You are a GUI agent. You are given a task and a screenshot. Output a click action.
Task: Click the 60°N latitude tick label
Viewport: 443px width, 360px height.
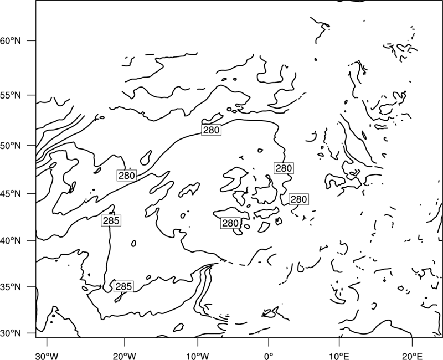coord(10,40)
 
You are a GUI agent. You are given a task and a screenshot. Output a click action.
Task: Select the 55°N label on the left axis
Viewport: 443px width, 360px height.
coord(10,95)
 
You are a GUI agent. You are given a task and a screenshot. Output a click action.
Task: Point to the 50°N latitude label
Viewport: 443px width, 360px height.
coord(10,146)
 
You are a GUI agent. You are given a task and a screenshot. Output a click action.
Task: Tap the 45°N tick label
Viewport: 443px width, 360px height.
coord(10,193)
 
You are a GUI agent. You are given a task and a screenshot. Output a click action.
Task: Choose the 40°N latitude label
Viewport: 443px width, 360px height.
coord(10,241)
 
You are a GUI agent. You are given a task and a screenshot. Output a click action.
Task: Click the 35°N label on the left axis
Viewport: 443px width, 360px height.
coord(10,287)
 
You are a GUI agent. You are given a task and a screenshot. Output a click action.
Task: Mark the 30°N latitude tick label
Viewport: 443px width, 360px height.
coord(10,333)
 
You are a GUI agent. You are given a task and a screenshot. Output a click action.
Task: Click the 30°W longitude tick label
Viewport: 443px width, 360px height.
coord(47,356)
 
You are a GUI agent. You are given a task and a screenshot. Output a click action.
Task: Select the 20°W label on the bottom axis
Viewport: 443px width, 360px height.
coord(125,356)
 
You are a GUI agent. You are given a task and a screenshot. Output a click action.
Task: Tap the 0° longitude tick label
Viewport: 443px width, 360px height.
coord(269,356)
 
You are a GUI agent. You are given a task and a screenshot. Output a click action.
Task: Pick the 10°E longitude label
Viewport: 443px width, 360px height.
coord(339,356)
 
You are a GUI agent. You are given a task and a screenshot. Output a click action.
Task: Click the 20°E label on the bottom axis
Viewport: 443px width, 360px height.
coord(412,356)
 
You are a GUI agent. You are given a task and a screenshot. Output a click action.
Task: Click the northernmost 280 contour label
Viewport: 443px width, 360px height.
coord(211,130)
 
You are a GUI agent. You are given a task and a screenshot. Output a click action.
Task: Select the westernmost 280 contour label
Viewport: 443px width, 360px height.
coord(127,176)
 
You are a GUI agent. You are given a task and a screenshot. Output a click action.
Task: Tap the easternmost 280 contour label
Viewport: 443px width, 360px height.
coord(298,199)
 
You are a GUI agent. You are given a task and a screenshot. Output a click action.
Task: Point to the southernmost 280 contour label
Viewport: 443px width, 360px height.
coord(230,223)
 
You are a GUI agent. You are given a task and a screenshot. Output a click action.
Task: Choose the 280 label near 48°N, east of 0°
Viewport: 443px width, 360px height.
coord(284,168)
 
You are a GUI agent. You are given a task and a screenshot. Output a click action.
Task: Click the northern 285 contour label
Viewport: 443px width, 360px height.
coord(111,220)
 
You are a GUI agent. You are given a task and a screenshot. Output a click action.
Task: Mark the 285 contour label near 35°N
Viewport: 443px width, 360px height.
coord(123,286)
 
